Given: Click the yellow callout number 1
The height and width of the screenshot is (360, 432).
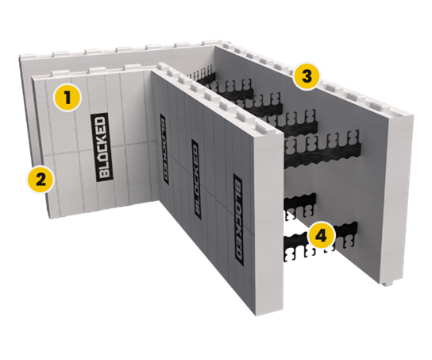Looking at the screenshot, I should [69, 99].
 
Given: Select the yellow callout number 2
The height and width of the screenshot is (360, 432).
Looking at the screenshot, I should [40, 177].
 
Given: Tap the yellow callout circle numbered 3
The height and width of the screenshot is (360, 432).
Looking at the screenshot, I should [306, 77].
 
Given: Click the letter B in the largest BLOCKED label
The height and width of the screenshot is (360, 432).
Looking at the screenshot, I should [99, 161].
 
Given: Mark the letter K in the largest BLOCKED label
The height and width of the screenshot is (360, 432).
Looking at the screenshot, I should [99, 133].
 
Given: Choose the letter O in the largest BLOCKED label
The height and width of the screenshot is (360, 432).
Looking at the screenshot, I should [99, 147].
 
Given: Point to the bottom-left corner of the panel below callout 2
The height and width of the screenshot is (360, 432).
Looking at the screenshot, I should [47, 215].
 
